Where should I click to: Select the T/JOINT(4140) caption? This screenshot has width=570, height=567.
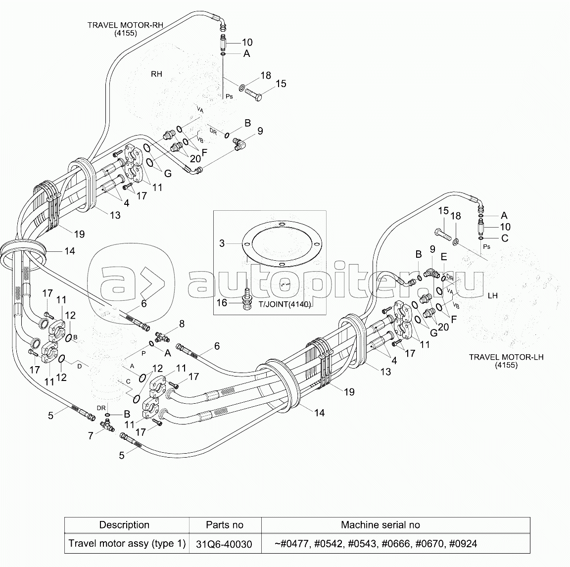coord(285,304)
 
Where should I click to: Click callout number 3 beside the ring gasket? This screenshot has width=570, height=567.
coord(222,243)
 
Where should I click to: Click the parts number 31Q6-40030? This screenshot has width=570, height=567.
coord(224,544)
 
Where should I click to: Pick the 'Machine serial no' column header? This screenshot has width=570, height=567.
coord(380,525)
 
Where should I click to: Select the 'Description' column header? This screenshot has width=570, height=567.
coord(124,525)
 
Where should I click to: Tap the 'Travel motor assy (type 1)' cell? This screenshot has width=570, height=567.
coord(127,544)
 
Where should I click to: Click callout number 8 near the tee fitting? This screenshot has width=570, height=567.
coord(181,324)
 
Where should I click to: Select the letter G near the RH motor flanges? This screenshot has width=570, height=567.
coord(168,174)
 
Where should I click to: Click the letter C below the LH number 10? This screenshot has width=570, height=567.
coord(504,238)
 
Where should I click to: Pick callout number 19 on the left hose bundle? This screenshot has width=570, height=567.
coord(80,234)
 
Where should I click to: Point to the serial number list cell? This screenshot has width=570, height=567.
coord(376,544)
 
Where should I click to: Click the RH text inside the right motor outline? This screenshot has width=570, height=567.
coord(156,74)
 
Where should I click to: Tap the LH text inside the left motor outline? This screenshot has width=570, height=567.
coord(492,295)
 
